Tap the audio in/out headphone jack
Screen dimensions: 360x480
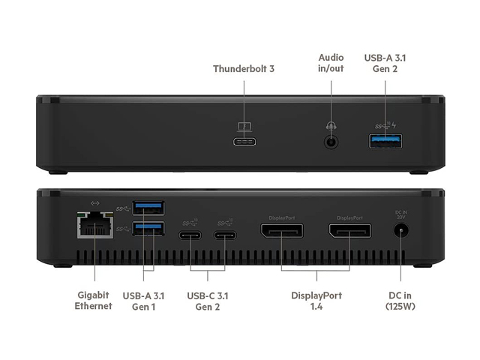(x=330, y=141)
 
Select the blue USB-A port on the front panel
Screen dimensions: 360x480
(x=385, y=140)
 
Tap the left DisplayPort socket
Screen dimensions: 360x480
(x=281, y=232)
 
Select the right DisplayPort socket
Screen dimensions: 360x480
(x=349, y=232)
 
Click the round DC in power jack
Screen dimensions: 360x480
(x=400, y=232)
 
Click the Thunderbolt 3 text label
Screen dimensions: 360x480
(x=244, y=69)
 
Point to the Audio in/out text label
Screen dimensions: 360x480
(x=331, y=62)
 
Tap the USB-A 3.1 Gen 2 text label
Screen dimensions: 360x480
(x=385, y=62)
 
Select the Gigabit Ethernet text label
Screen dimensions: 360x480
(x=94, y=301)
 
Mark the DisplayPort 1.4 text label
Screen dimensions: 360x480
(x=316, y=301)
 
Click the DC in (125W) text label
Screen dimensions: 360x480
(x=400, y=301)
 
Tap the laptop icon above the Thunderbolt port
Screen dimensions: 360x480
(x=244, y=127)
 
